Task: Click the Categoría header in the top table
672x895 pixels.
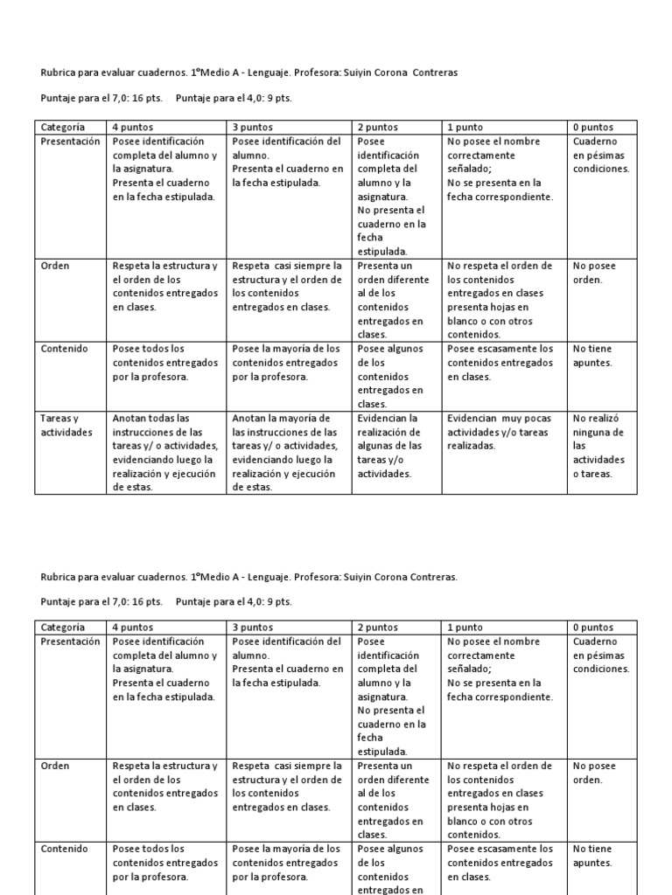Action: tap(62, 127)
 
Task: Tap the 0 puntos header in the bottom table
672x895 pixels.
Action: tap(592, 627)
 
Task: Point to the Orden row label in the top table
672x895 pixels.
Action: tap(55, 266)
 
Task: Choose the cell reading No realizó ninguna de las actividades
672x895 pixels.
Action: tap(598, 446)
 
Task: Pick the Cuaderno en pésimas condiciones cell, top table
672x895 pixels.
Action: tap(600, 155)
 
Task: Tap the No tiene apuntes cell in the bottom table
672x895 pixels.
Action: tap(592, 855)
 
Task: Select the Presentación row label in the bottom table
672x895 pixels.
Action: tap(71, 642)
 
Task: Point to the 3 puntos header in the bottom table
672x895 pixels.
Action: tap(252, 627)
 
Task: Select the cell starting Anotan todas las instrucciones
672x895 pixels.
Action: tap(164, 452)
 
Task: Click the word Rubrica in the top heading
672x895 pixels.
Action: tap(59, 73)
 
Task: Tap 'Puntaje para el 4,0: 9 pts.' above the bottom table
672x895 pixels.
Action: tap(234, 601)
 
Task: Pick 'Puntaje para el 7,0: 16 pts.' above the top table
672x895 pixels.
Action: tap(101, 99)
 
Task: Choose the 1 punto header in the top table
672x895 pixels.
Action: tap(465, 127)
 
